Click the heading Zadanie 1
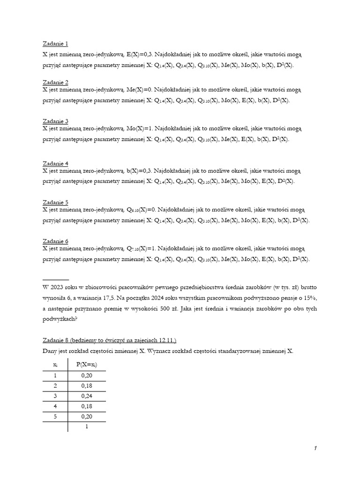click(55, 44)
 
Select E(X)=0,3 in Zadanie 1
click(139, 54)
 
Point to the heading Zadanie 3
click(55, 121)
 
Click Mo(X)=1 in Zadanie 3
click(140, 128)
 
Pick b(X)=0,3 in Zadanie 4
click(139, 171)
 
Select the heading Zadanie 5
click(55, 202)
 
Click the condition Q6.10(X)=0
click(142, 210)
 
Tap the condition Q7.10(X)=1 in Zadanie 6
click(142, 248)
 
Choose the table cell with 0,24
click(86, 396)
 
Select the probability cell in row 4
click(86, 406)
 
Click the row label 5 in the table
click(55, 416)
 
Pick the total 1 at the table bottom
click(87, 427)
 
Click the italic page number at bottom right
click(315, 449)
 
